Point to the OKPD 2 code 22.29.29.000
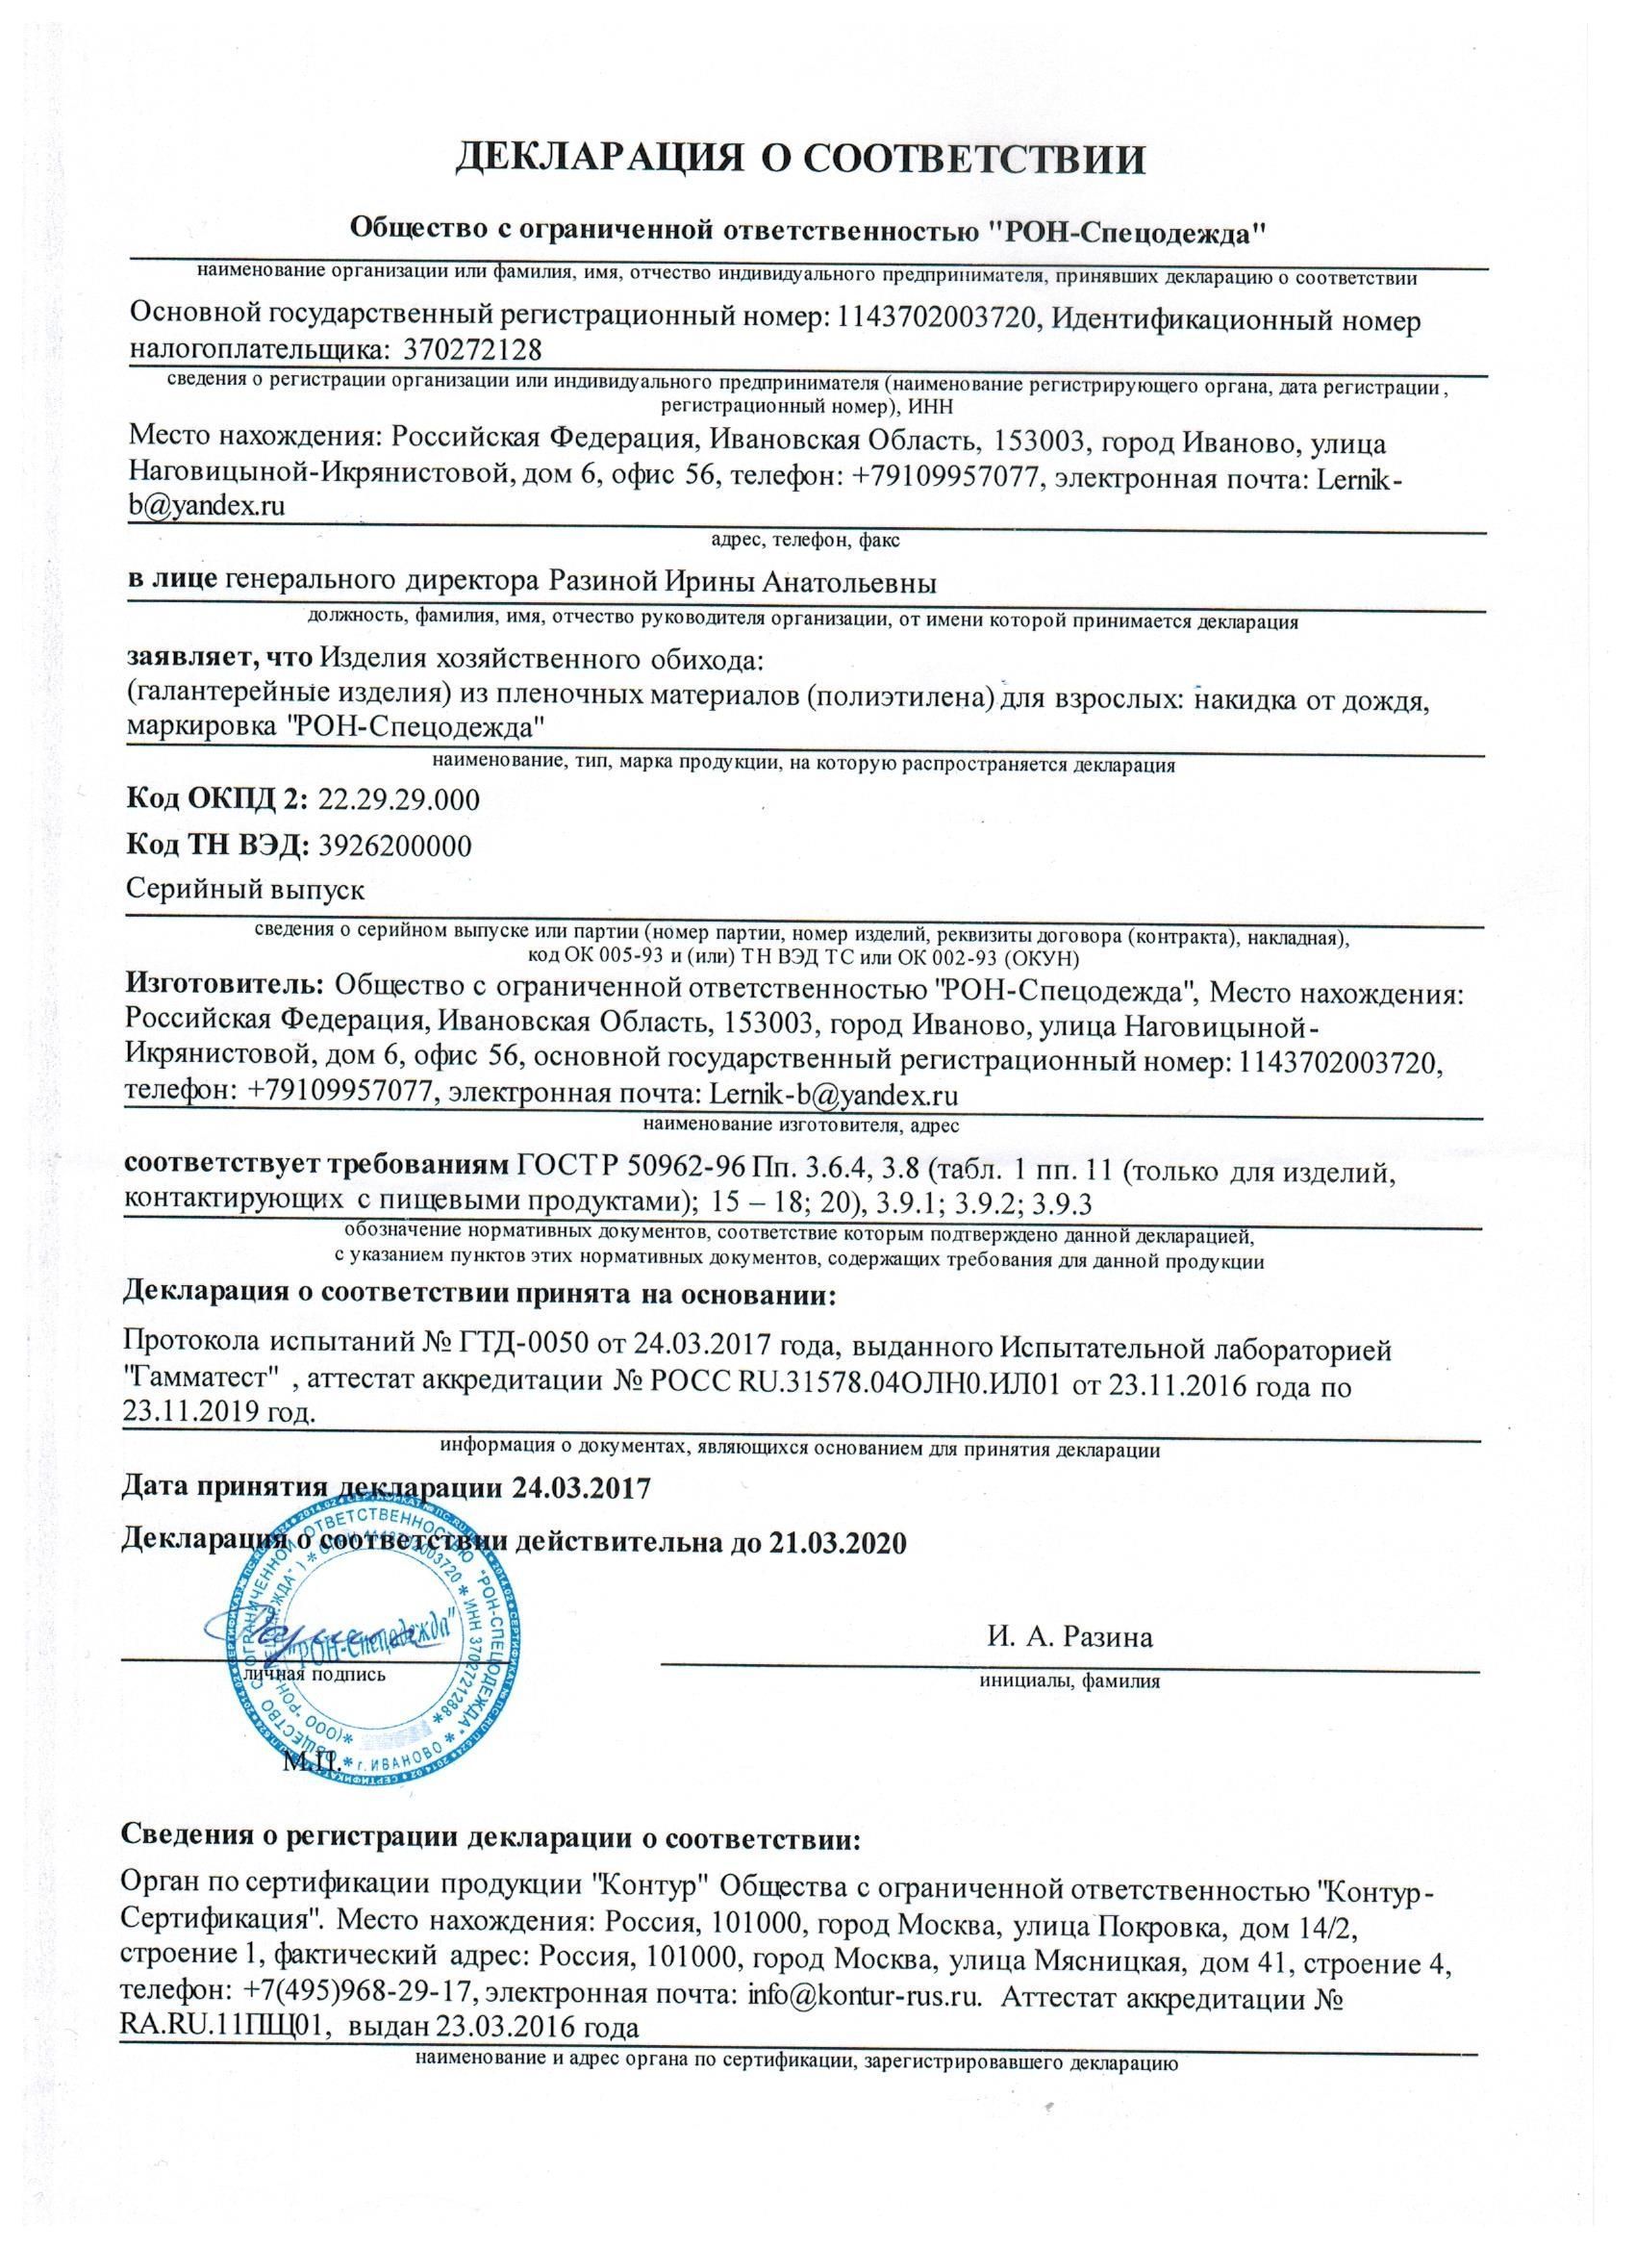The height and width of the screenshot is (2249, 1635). pos(396,800)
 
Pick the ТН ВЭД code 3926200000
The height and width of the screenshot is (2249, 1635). pos(392,845)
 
